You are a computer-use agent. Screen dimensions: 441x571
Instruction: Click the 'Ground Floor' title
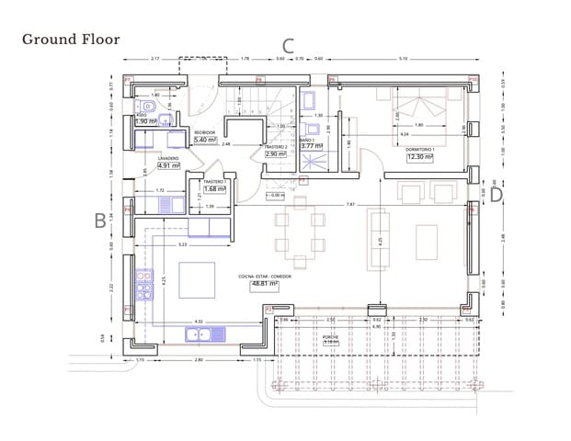tap(71, 39)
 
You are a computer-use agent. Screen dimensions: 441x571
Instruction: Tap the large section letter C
tap(288, 46)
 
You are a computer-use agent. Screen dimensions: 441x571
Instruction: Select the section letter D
tap(496, 194)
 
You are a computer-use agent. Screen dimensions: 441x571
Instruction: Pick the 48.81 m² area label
tap(264, 284)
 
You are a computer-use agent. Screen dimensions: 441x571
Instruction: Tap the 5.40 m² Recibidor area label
tap(204, 140)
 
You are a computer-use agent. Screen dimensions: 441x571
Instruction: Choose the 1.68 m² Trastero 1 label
tap(214, 190)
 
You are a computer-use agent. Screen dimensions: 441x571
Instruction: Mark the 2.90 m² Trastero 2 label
tap(276, 154)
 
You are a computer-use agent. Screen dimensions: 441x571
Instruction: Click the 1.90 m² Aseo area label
tap(146, 121)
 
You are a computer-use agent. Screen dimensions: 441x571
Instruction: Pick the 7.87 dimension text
tap(350, 203)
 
